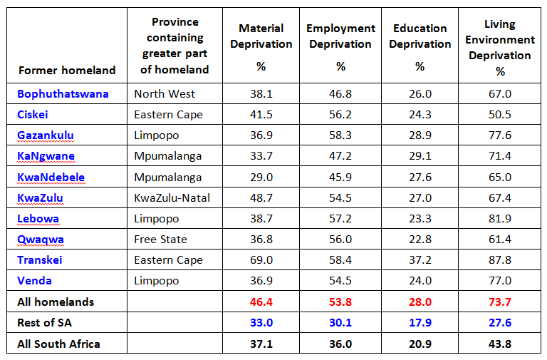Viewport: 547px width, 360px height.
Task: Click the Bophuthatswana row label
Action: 63,93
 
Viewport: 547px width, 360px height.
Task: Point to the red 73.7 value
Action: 500,302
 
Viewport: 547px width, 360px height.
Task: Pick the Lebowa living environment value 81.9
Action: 500,218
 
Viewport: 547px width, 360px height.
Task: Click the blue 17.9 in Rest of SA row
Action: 420,323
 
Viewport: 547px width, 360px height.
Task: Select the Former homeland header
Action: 67,70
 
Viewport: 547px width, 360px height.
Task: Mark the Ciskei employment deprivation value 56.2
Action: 340,115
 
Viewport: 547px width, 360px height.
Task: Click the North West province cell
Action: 165,93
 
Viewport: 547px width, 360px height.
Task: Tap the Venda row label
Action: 35,281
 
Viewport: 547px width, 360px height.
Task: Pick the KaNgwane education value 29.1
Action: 420,156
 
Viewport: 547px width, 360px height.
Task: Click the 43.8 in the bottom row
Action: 500,344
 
